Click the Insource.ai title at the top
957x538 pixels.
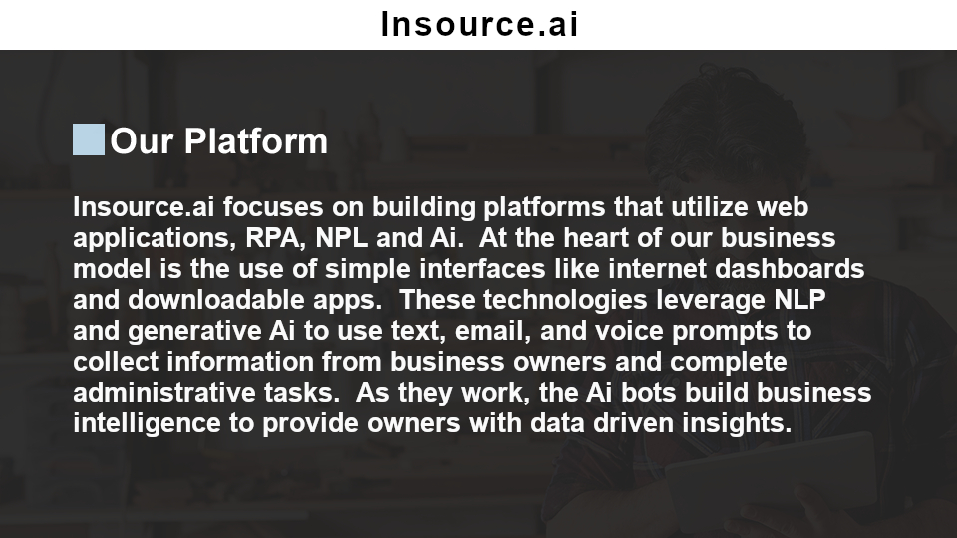[479, 24]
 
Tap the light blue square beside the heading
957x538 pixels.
[89, 139]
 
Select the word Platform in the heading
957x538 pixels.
[256, 141]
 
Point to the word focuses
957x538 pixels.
[273, 207]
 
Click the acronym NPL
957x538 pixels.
[341, 238]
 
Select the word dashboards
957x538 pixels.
[790, 269]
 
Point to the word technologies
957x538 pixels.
[565, 300]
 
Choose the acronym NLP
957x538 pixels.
[799, 300]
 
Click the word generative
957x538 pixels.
[194, 331]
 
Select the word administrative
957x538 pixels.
[164, 393]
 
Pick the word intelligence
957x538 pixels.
[147, 423]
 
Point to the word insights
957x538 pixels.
[737, 423]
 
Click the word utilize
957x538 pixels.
[709, 207]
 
